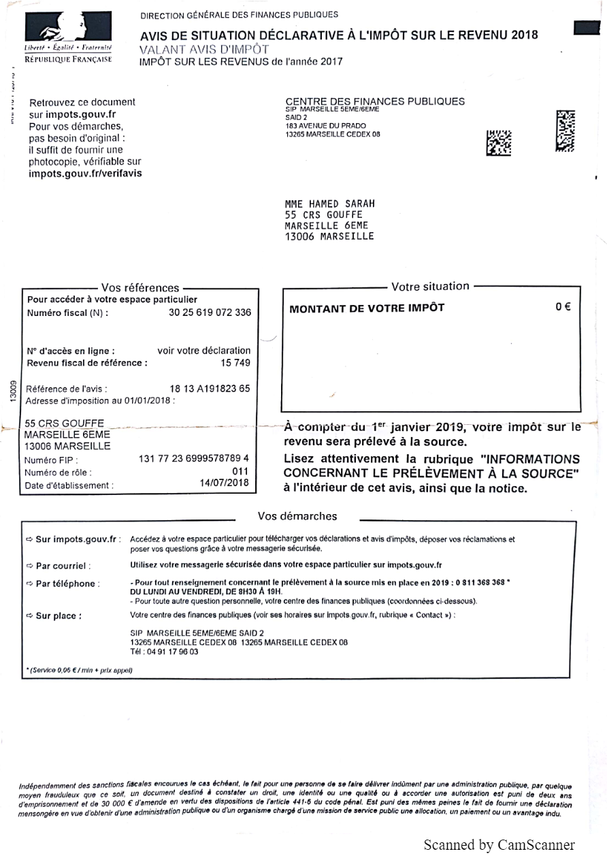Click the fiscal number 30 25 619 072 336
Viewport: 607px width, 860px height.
210,313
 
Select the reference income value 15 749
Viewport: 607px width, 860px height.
235,363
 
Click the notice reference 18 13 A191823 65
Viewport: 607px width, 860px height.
210,389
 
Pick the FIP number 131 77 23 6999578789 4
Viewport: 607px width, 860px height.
194,458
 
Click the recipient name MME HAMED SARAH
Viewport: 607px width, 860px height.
330,204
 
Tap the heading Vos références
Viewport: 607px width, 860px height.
140,288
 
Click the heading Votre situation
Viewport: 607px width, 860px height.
430,287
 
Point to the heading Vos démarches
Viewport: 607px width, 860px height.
297,516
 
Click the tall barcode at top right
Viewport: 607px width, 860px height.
565,131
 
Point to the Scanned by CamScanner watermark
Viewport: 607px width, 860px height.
499,846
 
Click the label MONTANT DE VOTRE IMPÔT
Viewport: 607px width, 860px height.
367,308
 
